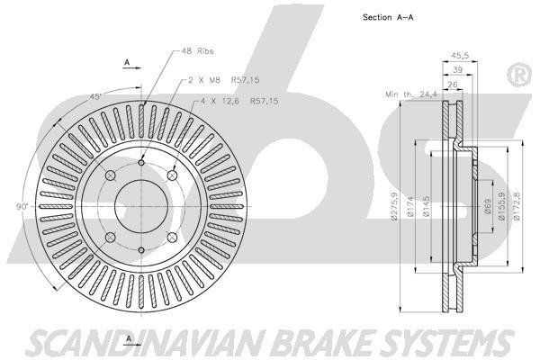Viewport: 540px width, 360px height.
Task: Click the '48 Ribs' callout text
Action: point(199,52)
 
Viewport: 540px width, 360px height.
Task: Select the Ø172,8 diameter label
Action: point(517,207)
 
